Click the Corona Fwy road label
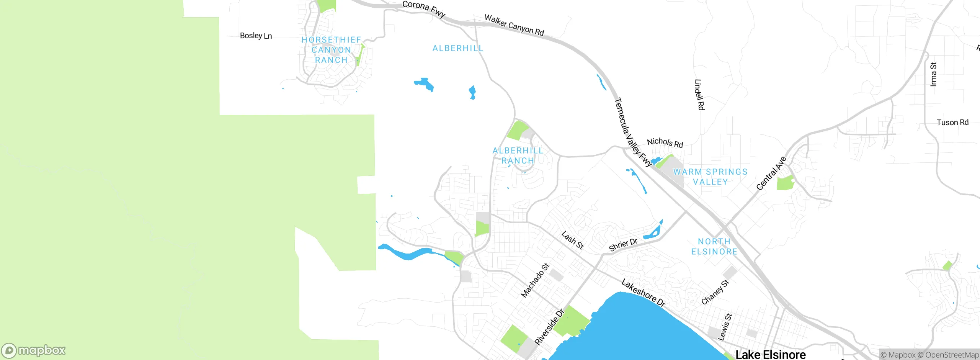(x=424, y=9)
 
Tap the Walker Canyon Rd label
(x=514, y=25)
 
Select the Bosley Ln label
(x=256, y=36)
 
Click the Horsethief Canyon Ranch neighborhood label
(x=332, y=50)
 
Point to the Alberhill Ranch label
(x=518, y=155)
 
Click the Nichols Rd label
(x=665, y=143)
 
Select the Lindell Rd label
(x=699, y=95)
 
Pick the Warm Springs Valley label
(x=710, y=177)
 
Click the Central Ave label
(x=771, y=173)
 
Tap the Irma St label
(x=933, y=74)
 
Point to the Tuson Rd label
(x=952, y=122)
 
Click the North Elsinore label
(x=714, y=246)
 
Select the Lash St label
(x=572, y=240)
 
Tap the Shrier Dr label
(x=623, y=244)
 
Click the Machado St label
(x=535, y=280)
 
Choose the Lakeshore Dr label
(x=644, y=293)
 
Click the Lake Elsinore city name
(x=770, y=354)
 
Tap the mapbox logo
(x=34, y=350)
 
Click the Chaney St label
(x=715, y=292)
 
